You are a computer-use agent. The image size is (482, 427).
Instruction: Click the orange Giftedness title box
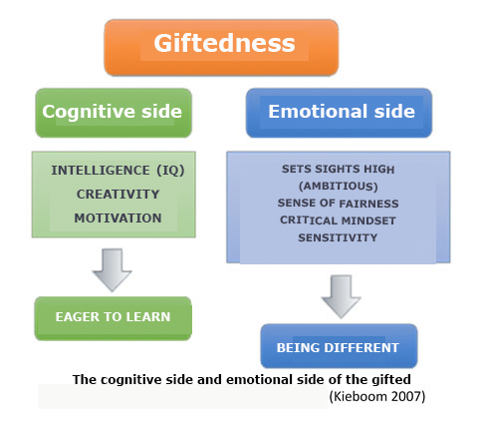tap(221, 47)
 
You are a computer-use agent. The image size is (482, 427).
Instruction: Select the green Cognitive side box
tap(114, 113)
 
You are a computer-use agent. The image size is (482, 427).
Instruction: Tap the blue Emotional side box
tap(339, 113)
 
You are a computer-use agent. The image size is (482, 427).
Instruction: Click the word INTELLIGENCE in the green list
tap(101, 171)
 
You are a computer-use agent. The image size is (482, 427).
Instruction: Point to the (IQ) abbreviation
tap(170, 171)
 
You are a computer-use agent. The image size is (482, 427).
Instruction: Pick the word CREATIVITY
tap(118, 195)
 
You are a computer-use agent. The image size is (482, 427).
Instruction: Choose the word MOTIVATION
tap(118, 218)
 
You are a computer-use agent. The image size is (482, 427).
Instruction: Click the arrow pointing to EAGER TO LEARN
tap(113, 269)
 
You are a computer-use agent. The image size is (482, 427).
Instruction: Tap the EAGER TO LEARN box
tap(114, 318)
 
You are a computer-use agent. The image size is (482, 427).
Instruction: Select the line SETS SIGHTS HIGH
tap(338, 169)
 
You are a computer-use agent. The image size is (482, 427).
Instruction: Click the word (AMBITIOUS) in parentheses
tap(339, 186)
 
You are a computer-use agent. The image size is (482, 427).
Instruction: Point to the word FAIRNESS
tap(368, 204)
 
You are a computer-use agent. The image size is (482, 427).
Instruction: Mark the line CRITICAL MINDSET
tap(338, 220)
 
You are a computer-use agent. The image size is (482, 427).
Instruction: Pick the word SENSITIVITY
tap(338, 237)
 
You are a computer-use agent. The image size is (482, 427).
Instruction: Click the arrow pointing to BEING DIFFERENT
tap(341, 296)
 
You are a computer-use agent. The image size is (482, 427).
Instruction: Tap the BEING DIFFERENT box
tap(339, 346)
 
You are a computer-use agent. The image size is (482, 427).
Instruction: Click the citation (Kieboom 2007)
tap(377, 396)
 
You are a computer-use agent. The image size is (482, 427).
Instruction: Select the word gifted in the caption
tap(391, 380)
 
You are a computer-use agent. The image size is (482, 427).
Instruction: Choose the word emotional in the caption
tap(259, 379)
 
